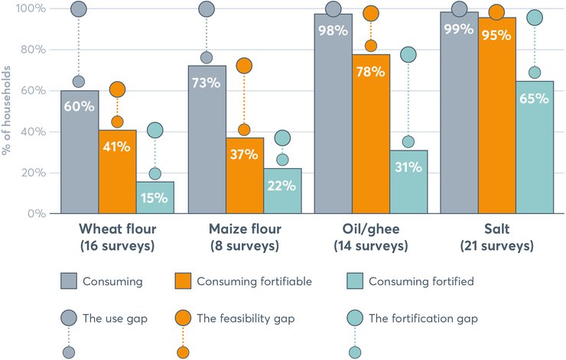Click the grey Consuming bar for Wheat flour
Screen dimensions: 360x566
click(x=79, y=152)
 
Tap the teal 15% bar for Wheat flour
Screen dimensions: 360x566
click(x=155, y=198)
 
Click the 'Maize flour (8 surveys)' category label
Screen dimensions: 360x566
click(x=245, y=237)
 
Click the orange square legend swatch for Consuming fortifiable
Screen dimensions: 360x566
click(x=184, y=281)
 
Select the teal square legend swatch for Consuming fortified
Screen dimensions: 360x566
click(x=354, y=281)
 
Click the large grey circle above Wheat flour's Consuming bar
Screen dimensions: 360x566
click(x=78, y=10)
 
